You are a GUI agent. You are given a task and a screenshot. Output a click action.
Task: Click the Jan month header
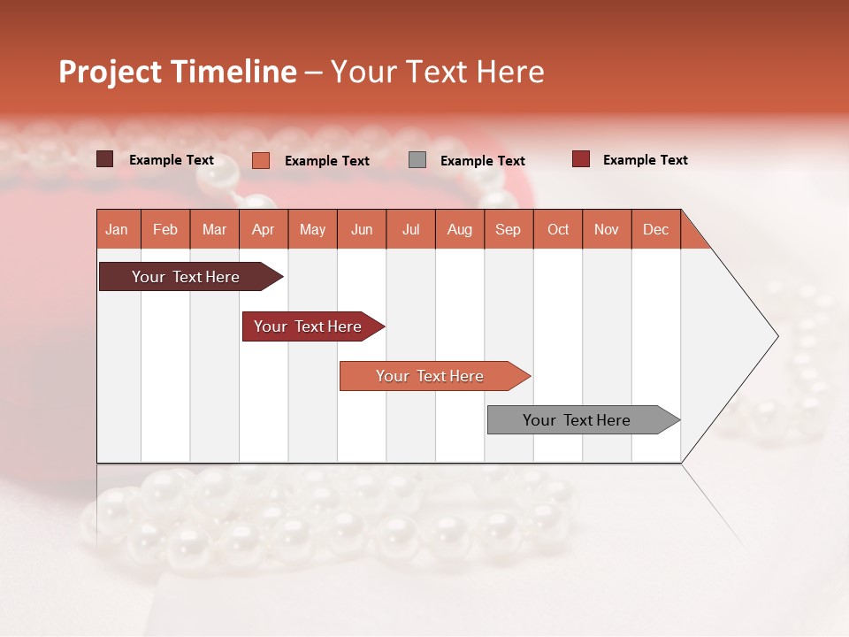[x=118, y=229]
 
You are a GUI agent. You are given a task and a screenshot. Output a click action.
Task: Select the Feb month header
[x=165, y=229]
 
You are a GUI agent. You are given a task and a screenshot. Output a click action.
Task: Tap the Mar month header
[x=214, y=229]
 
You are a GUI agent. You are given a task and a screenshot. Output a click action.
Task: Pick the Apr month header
[x=264, y=229]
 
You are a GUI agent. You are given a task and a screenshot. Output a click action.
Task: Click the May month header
[x=312, y=229]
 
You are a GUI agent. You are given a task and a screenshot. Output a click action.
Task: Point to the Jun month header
[x=362, y=229]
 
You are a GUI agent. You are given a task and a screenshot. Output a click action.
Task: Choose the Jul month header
[x=410, y=229]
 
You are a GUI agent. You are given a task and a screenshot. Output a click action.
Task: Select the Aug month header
[x=460, y=229]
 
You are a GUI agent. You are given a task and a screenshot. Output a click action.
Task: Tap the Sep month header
[x=509, y=229]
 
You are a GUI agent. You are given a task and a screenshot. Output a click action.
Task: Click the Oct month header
[x=558, y=229]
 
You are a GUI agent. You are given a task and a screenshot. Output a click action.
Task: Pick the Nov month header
[x=607, y=229]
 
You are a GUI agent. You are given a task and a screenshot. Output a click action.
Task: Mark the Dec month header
[x=656, y=229]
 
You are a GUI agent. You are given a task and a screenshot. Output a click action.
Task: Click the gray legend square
[x=417, y=160]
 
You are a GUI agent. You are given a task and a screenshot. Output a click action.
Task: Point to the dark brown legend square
[x=105, y=159]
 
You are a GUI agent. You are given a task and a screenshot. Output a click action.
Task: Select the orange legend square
[x=261, y=160]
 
